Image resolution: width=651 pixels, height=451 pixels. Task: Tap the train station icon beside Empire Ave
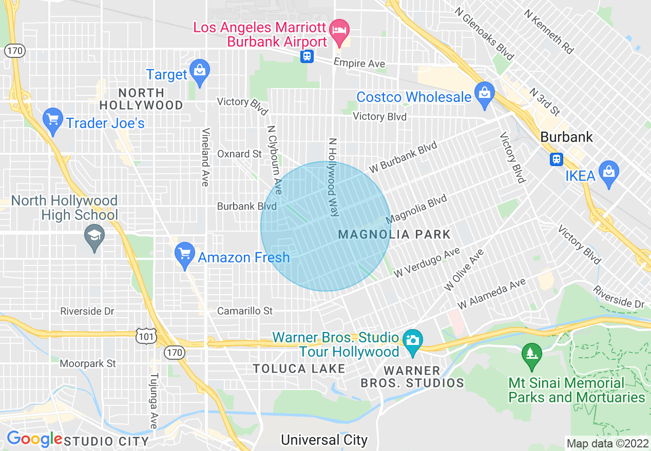pos(307,56)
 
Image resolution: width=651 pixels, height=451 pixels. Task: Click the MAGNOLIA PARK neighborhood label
pos(394,235)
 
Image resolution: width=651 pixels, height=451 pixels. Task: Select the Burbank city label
pos(566,137)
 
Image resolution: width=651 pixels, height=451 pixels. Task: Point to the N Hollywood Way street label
pos(334,177)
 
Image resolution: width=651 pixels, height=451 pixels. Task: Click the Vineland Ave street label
pos(205,157)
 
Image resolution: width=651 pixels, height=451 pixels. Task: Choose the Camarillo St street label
pos(245,311)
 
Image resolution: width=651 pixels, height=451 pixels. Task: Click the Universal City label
pos(324,440)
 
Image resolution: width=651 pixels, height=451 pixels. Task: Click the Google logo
pos(34,439)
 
